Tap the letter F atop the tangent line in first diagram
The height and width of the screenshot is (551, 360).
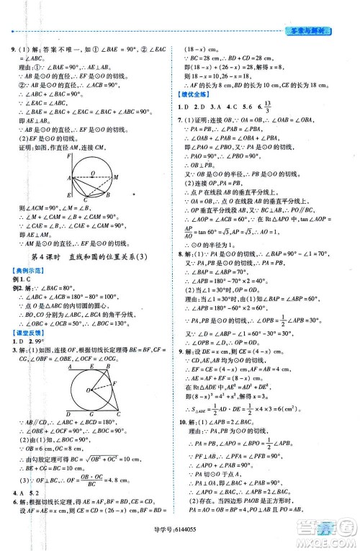(68, 156)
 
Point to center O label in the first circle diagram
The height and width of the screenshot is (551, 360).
(92, 173)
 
